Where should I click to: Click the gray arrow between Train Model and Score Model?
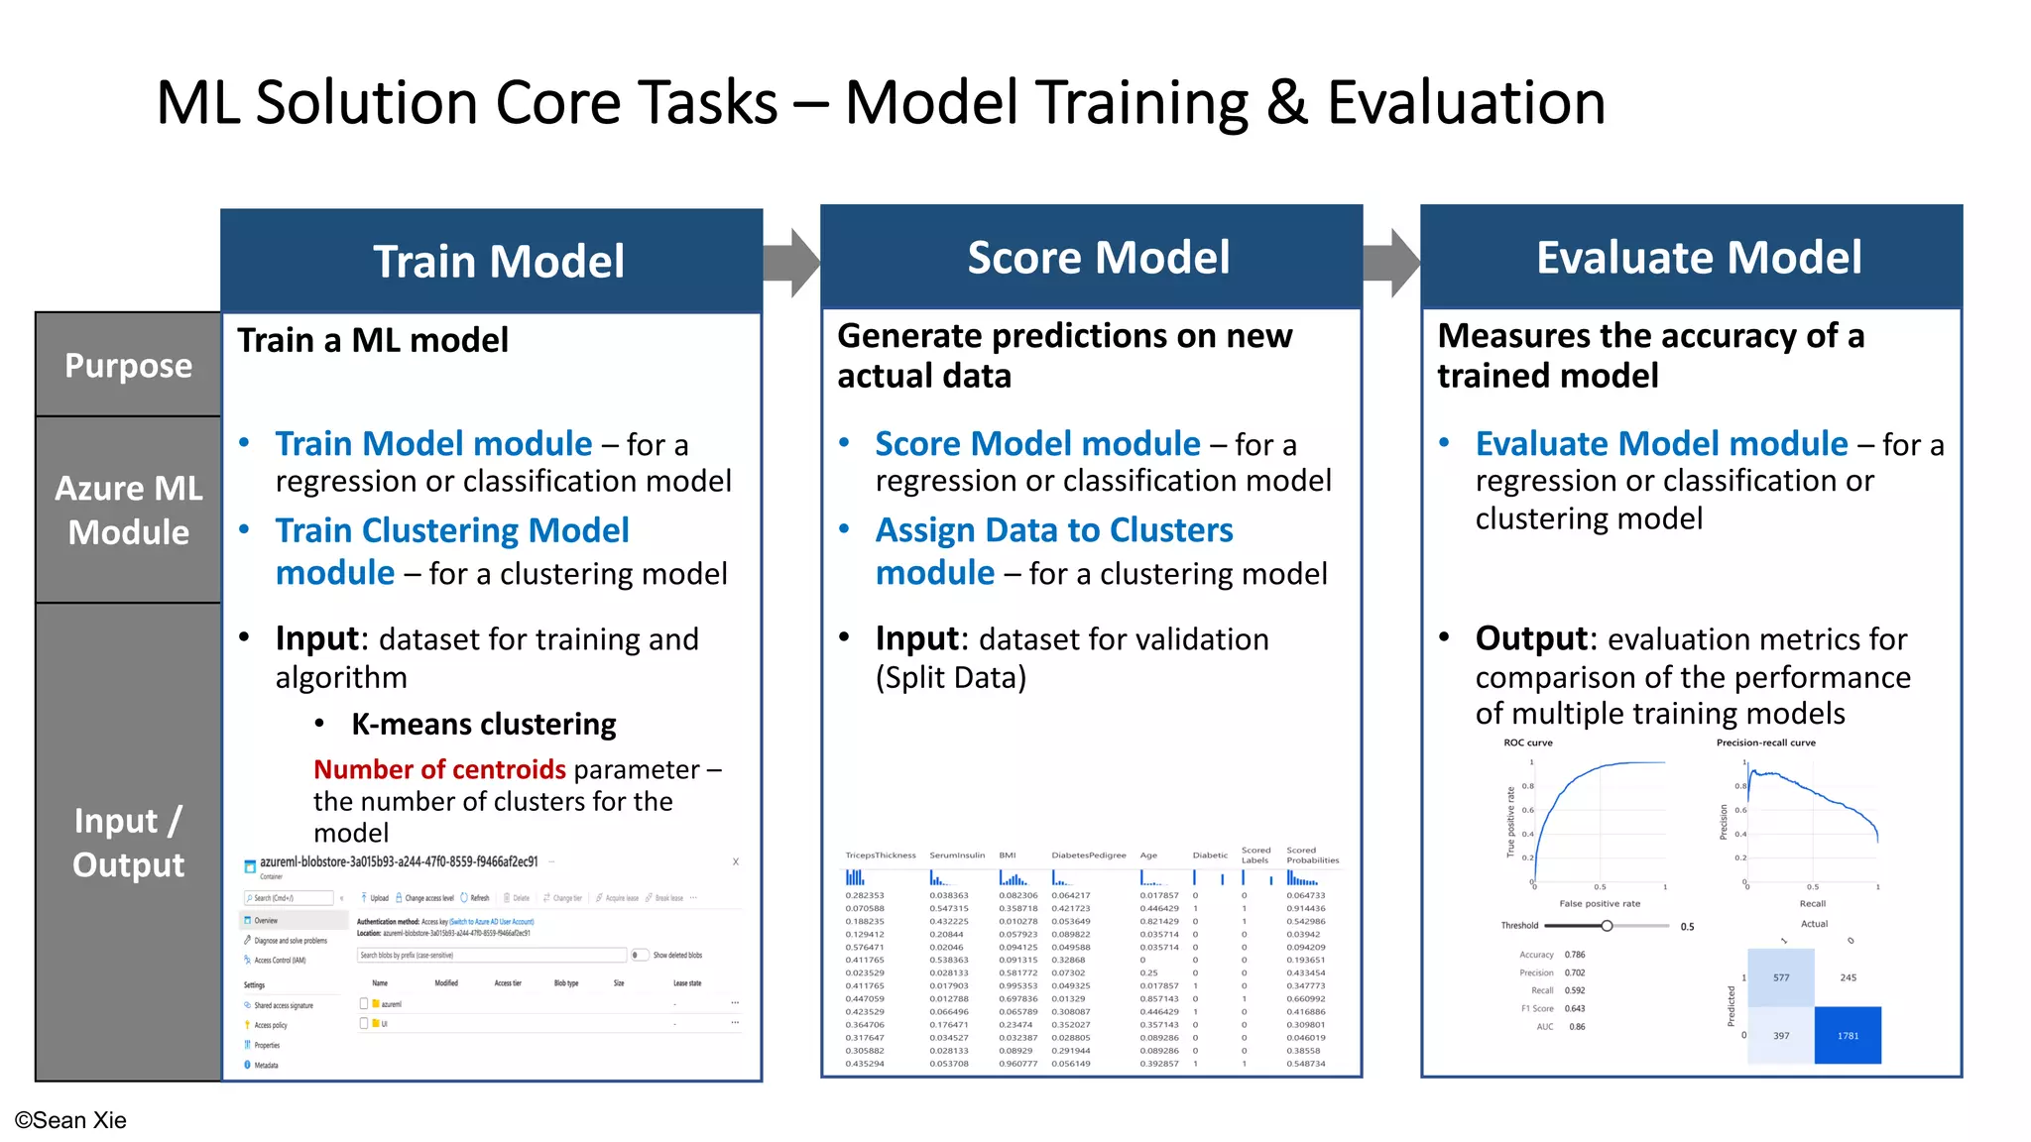(791, 263)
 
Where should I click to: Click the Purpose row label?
(128, 366)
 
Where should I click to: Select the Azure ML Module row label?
(128, 510)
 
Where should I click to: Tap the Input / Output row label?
(128, 842)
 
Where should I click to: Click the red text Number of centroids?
(439, 769)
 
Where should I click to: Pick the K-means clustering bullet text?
(483, 725)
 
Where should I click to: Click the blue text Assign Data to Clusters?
(1054, 530)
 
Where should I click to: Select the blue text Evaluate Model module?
(1661, 443)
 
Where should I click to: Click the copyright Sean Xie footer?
(70, 1120)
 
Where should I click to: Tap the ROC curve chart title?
(1527, 742)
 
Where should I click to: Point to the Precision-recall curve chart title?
(1765, 742)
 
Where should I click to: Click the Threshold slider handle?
(1607, 925)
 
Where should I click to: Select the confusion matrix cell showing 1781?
(1848, 1035)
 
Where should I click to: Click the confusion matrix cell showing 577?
(1781, 977)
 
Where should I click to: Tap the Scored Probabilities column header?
(1312, 855)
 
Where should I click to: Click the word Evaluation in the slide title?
(1466, 103)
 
